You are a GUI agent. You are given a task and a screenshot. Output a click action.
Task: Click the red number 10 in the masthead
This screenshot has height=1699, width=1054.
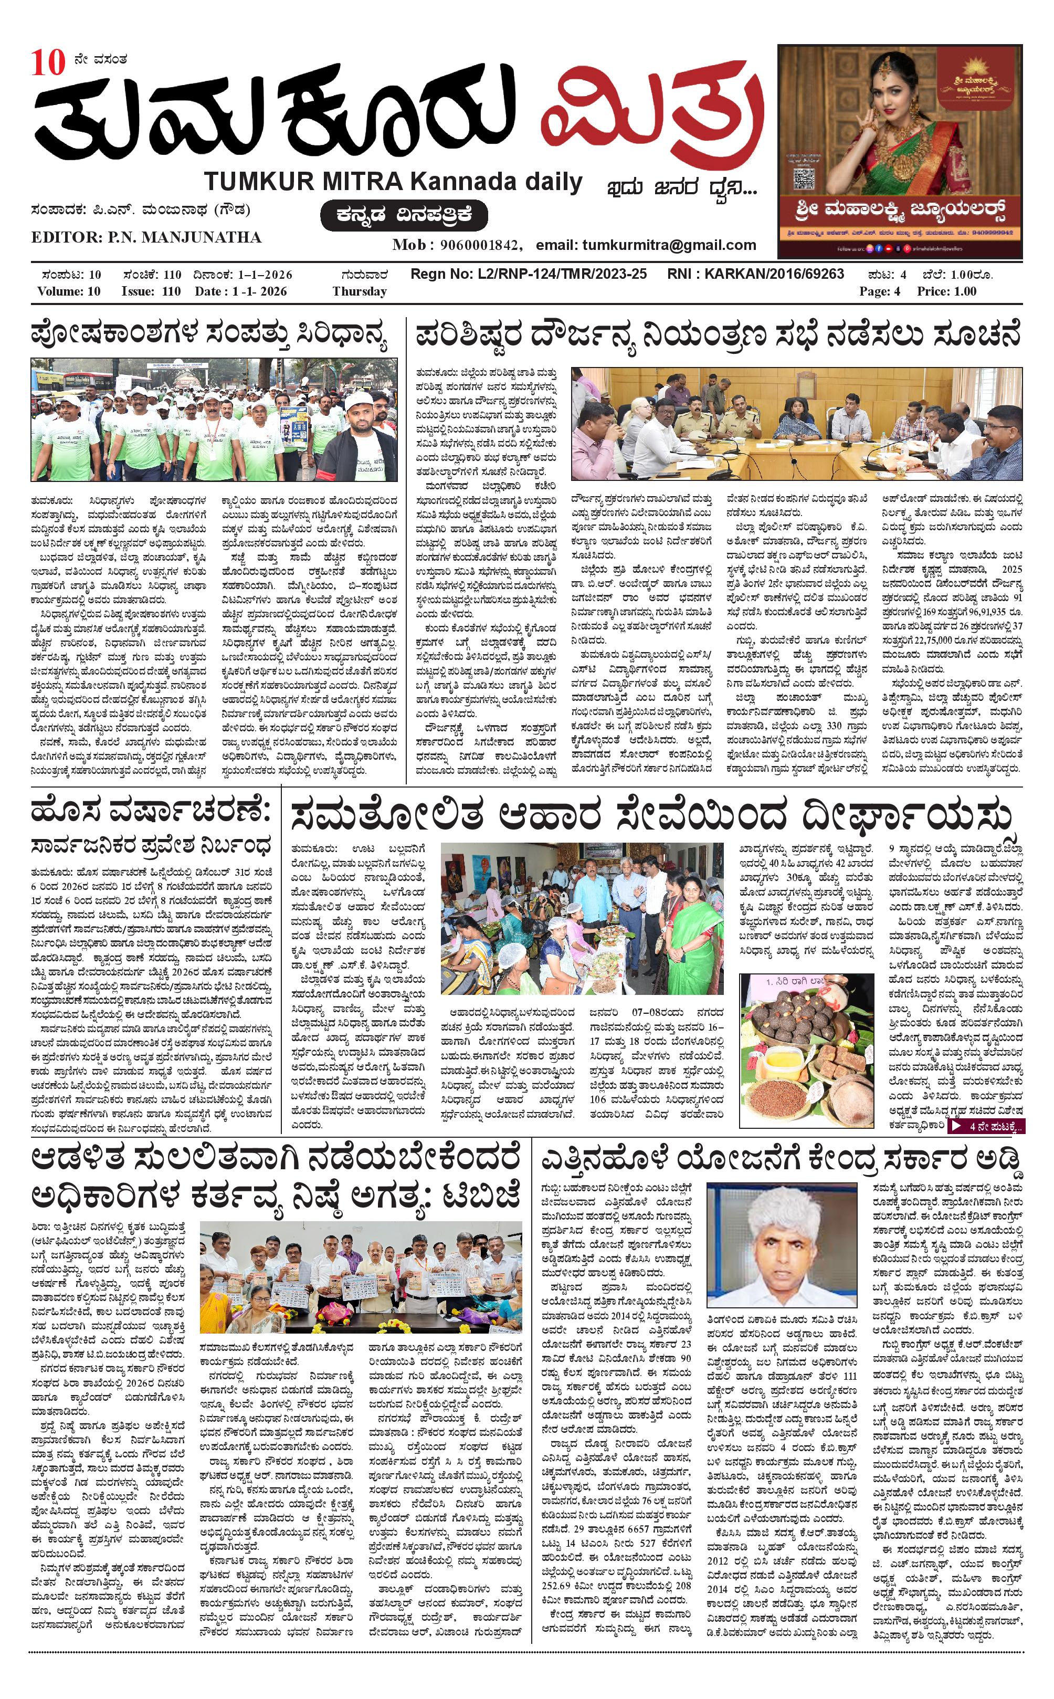click(47, 63)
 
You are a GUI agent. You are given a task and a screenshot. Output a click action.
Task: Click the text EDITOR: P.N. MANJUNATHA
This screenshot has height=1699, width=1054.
click(146, 238)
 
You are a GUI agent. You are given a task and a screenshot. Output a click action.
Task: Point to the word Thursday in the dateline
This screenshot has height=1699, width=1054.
click(359, 291)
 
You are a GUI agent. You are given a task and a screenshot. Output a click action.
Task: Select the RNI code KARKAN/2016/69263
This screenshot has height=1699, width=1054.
click(774, 275)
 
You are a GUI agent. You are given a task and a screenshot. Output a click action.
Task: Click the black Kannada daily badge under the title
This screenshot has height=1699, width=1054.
click(404, 215)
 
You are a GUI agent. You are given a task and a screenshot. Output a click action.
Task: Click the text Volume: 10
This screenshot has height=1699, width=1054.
click(69, 291)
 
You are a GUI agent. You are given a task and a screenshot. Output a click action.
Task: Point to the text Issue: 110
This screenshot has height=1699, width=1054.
click(151, 291)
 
